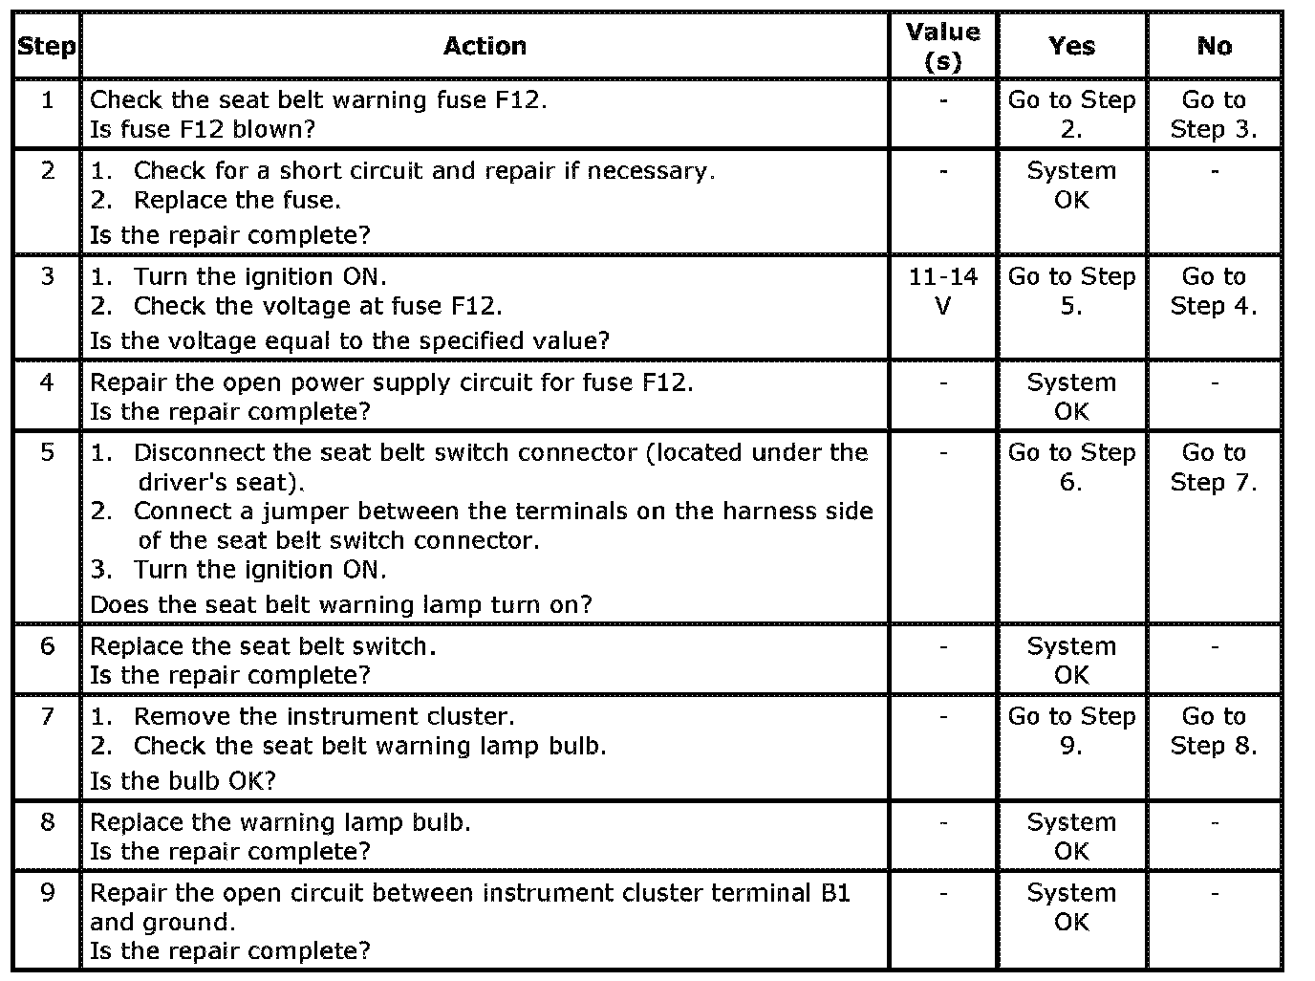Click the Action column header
(x=485, y=46)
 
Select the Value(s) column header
(x=942, y=46)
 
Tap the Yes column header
(x=1071, y=46)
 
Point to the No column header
(x=1214, y=46)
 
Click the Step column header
(x=47, y=46)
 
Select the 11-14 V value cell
(x=942, y=291)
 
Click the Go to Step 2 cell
(x=1071, y=114)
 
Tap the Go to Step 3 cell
(x=1214, y=114)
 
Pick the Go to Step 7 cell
(x=1214, y=467)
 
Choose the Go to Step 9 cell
(x=1071, y=730)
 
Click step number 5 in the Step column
(x=48, y=452)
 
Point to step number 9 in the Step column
(x=48, y=892)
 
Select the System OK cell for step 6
(x=1071, y=660)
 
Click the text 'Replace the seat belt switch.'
(x=263, y=645)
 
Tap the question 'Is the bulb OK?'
(x=183, y=780)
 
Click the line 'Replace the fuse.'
(x=237, y=200)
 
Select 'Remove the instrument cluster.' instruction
(x=323, y=716)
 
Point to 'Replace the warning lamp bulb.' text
(x=280, y=821)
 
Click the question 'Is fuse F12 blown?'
(x=203, y=128)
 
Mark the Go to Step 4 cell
(x=1214, y=291)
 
